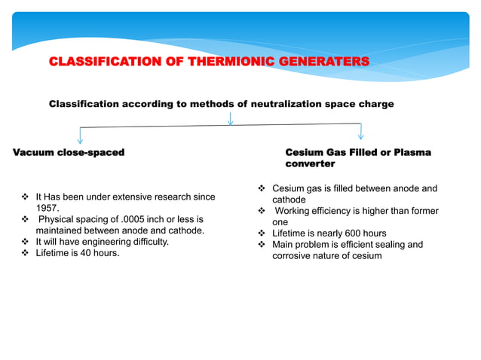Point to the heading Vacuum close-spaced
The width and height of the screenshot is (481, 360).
(69, 153)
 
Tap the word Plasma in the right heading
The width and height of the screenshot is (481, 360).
(410, 153)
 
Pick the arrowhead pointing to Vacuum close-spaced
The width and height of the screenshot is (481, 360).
(80, 139)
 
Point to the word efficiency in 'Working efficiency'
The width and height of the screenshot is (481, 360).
(344, 211)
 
